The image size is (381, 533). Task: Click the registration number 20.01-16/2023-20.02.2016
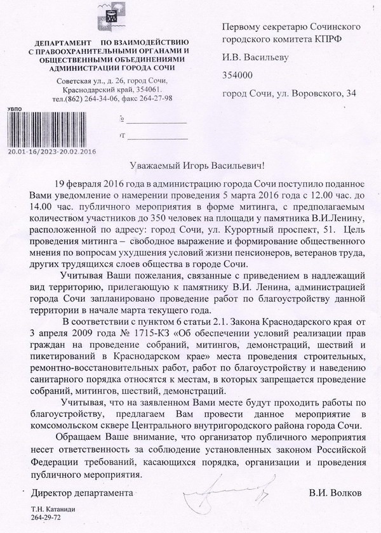tap(51, 152)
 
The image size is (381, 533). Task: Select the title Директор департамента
tap(74, 492)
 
